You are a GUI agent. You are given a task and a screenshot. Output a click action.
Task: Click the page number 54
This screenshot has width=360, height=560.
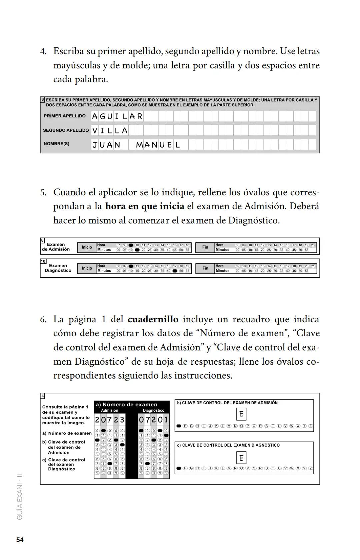point(20,540)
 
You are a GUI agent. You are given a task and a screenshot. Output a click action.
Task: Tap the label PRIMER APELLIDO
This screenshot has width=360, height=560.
point(64,116)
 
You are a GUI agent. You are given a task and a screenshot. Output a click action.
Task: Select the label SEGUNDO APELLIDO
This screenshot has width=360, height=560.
point(66,130)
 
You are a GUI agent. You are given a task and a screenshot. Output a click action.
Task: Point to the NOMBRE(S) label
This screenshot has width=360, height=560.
point(56,144)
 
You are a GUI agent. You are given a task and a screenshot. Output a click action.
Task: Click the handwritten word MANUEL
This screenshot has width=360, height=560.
point(158,145)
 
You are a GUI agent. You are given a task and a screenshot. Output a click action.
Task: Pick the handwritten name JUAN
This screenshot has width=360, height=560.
point(106,145)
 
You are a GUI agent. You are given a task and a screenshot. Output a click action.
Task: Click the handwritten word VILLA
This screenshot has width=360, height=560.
point(110,131)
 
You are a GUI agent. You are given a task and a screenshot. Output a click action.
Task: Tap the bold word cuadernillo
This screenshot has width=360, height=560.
point(153,319)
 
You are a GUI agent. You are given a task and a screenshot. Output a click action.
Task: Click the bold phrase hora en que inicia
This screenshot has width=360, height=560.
point(145,206)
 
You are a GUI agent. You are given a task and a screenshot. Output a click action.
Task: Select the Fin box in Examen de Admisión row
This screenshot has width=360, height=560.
point(205,247)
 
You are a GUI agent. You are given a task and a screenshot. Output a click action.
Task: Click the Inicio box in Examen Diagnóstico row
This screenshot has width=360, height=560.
point(87,268)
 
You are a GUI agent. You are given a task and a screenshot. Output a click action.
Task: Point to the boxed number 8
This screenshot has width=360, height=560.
point(43,240)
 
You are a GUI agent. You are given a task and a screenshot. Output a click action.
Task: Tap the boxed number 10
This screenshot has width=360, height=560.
point(43,261)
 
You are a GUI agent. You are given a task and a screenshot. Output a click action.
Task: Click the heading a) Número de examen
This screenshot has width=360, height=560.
point(126,405)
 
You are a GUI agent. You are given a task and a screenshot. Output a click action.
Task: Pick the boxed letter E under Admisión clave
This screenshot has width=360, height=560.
point(241,414)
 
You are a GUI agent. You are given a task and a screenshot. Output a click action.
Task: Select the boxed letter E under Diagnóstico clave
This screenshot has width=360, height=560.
point(241,458)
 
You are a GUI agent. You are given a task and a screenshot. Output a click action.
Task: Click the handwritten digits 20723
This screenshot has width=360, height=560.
point(110,420)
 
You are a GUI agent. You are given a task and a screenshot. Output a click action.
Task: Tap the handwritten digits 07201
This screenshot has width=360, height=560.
point(154,420)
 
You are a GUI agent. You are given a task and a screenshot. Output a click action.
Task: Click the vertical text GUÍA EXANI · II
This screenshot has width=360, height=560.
point(20,497)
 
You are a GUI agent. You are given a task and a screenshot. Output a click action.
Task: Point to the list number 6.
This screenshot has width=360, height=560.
point(43,320)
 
